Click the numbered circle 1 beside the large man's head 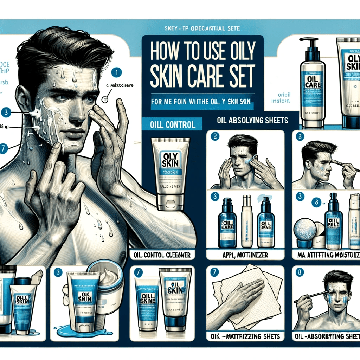click(x=116, y=72)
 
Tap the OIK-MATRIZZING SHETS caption click(x=245, y=336)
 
